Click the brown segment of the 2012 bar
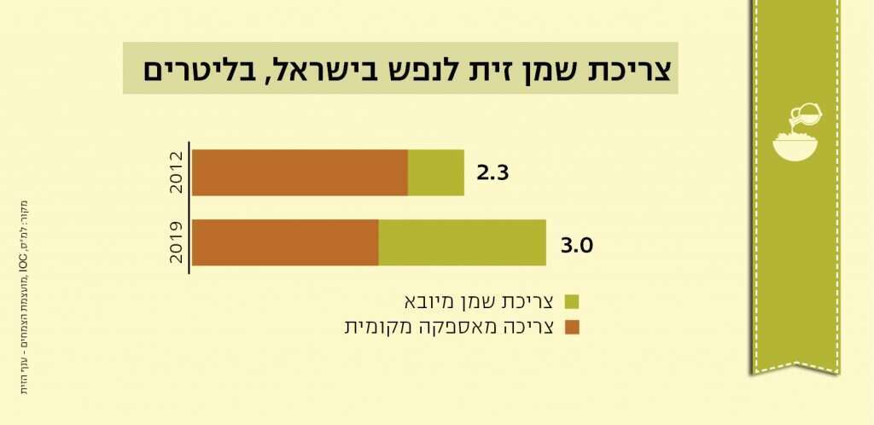pos(300,172)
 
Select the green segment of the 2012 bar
pos(436,172)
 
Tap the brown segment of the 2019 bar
pos(285,242)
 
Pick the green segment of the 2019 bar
pos(462,242)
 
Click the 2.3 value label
pos(492,172)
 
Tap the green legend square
pos(572,301)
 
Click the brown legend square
pos(572,327)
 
